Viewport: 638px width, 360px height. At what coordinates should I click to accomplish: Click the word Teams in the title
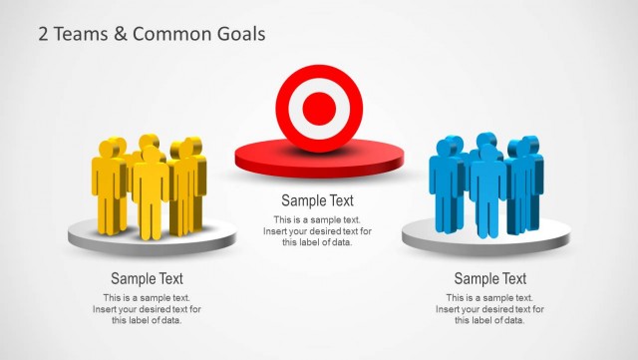75,34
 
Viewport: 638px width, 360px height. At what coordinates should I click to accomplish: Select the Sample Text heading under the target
317,200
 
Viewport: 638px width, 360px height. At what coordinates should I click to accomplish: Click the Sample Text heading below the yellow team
147,279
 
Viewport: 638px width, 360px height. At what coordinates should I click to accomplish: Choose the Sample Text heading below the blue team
489,279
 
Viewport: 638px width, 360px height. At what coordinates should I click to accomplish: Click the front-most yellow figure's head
151,154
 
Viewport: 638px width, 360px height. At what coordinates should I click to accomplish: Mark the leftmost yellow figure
108,184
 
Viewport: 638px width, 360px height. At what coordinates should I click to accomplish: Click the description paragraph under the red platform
317,231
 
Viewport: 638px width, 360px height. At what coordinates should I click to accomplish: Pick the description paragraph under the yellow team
147,309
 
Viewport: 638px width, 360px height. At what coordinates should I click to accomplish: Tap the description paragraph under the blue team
489,309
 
